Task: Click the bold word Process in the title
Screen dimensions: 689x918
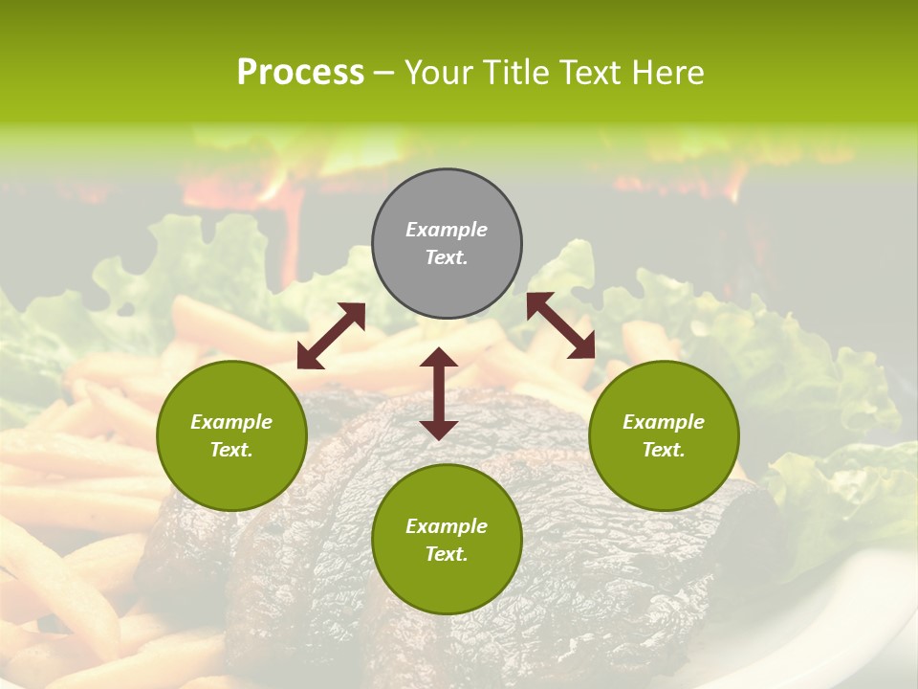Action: point(300,73)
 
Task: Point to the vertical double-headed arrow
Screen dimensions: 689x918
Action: point(439,393)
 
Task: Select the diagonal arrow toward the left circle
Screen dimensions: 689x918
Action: point(331,336)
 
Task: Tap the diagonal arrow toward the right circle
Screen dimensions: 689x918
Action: point(560,326)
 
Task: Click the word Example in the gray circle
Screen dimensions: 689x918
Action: point(447,230)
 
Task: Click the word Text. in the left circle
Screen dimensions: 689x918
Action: point(231,450)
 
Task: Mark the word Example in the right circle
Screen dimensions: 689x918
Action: point(664,422)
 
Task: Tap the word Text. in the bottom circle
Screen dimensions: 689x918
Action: point(447,554)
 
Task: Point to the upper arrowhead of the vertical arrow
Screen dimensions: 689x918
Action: point(439,356)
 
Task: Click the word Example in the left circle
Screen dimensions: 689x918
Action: point(231,422)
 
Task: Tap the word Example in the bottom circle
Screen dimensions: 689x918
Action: point(447,526)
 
